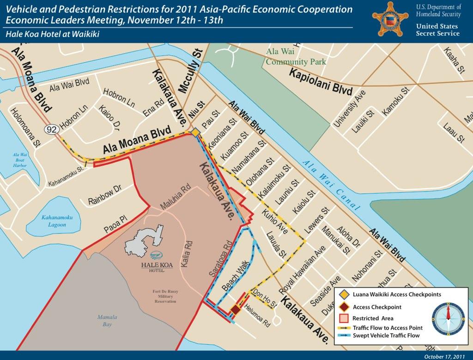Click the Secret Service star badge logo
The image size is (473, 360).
(390, 19)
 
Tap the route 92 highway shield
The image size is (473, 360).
(52, 130)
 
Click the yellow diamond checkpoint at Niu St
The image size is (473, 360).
(195, 133)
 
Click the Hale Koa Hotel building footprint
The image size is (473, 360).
(144, 240)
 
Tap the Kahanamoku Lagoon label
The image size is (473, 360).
(54, 221)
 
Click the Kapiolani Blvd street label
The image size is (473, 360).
(321, 82)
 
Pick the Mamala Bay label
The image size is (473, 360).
(108, 321)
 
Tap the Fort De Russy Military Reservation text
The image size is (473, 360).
(165, 296)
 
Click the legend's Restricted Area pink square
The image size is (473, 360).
(344, 318)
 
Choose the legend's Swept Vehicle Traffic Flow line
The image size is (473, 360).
(344, 336)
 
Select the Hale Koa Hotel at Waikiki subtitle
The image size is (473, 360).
(53, 34)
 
